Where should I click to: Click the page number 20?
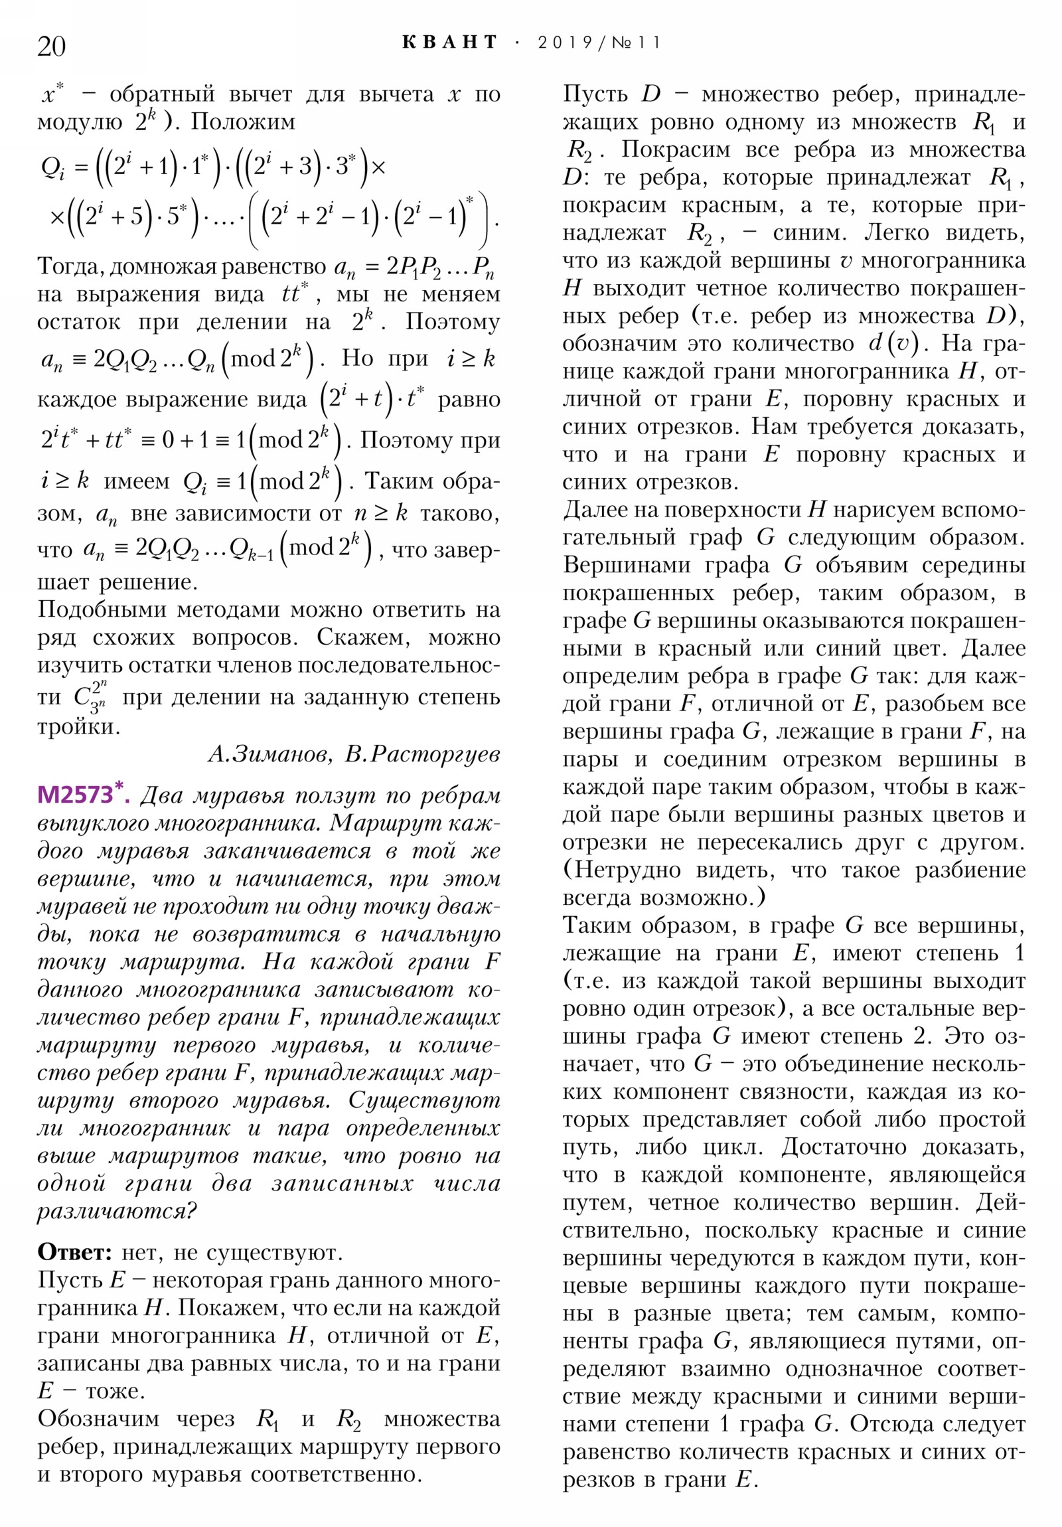point(51,46)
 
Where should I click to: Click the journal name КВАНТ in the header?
point(449,42)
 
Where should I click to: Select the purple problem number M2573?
point(75,795)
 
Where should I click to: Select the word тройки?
point(78,726)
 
